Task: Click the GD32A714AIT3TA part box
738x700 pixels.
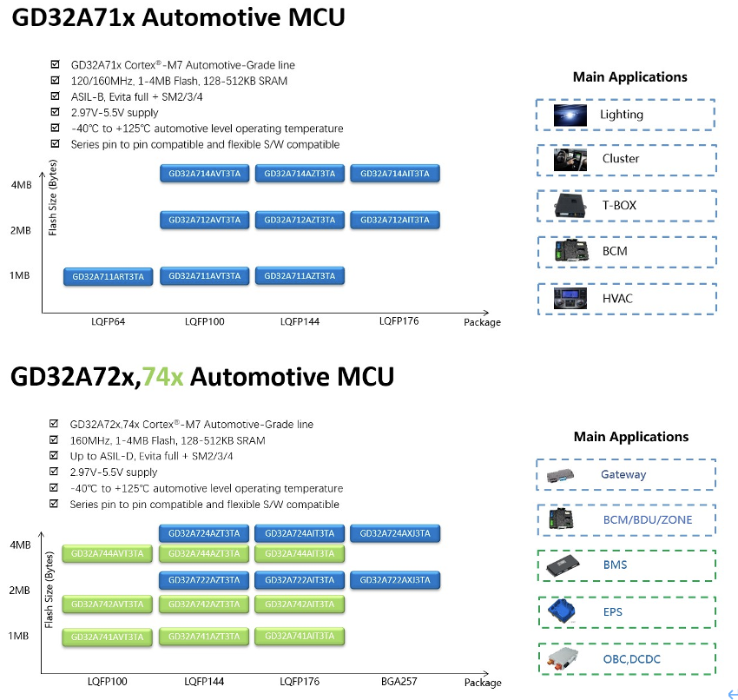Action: pyautogui.click(x=395, y=174)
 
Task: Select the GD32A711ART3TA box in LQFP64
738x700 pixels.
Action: pyautogui.click(x=109, y=277)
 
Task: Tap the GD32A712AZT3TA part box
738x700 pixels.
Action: pyautogui.click(x=300, y=220)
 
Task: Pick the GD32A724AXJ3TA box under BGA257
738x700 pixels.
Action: pyautogui.click(x=395, y=533)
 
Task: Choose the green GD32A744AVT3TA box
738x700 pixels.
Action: pyautogui.click(x=109, y=553)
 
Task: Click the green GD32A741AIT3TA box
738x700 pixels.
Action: pyautogui.click(x=300, y=637)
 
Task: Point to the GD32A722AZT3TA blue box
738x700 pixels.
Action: pyautogui.click(x=204, y=579)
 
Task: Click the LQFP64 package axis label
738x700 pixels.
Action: pyautogui.click(x=109, y=322)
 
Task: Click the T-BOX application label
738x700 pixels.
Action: pyautogui.click(x=619, y=205)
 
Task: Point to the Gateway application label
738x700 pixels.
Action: pyautogui.click(x=623, y=474)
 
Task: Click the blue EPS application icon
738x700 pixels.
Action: pyautogui.click(x=563, y=611)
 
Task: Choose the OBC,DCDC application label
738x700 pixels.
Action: pyautogui.click(x=631, y=659)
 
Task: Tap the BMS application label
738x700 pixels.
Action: pyautogui.click(x=615, y=565)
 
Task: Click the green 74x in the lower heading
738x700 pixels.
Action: pyautogui.click(x=163, y=376)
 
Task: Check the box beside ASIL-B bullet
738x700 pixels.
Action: pyautogui.click(x=56, y=96)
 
